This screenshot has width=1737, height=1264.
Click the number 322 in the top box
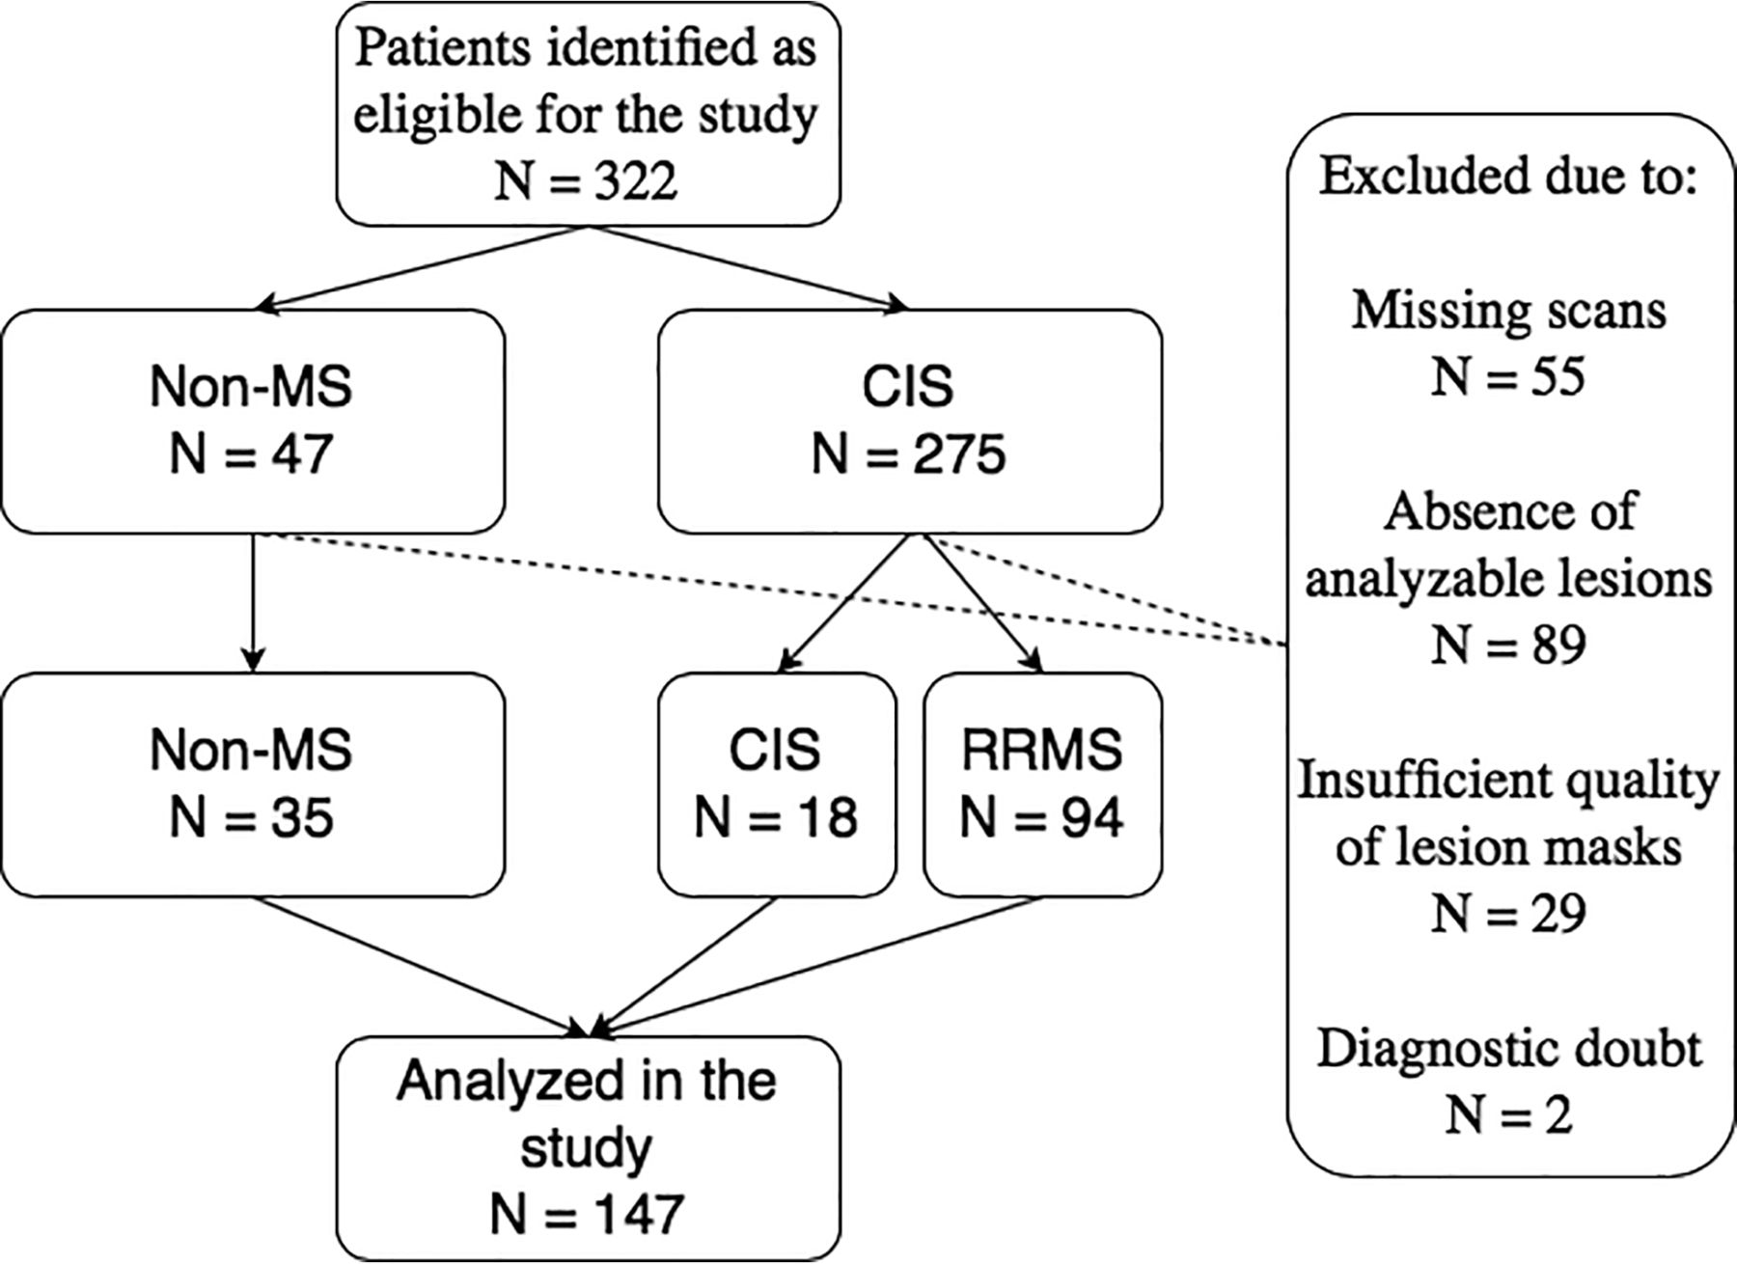tap(635, 179)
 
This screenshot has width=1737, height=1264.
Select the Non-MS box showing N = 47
tap(253, 421)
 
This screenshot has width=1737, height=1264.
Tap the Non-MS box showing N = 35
tap(253, 784)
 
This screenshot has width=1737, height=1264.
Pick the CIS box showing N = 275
tap(909, 421)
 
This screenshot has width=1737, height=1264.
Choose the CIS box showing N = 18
tap(777, 784)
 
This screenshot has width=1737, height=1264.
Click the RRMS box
tap(1042, 784)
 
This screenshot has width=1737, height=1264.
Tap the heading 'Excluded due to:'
tap(1507, 178)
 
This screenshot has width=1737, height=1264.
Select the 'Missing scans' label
tap(1508, 311)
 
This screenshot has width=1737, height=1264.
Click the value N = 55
tap(1508, 375)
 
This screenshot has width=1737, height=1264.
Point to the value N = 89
tap(1508, 644)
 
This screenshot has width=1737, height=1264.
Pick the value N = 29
tap(1508, 912)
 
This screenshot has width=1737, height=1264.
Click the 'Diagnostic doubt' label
tap(1508, 1048)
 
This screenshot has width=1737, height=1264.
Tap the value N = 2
tap(1508, 1114)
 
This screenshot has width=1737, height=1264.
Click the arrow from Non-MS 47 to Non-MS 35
tap(253, 603)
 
